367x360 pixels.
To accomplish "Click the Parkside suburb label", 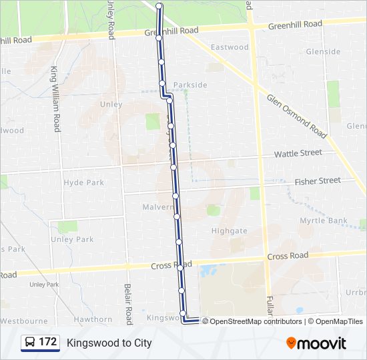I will pyautogui.click(x=190, y=85).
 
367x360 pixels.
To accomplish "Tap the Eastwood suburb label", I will pyautogui.click(x=230, y=47).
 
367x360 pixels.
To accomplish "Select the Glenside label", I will pyautogui.click(x=323, y=51).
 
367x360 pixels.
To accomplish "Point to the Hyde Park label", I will pyautogui.click(x=84, y=183).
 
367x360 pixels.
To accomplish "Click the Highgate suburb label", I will pyautogui.click(x=229, y=231).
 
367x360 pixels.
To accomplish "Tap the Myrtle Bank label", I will pyautogui.click(x=324, y=221).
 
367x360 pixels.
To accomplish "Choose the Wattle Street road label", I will pyautogui.click(x=298, y=153).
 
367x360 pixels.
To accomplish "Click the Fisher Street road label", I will pyautogui.click(x=318, y=181).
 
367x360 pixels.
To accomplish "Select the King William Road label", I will pyautogui.click(x=55, y=98).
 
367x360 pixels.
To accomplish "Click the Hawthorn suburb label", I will pyautogui.click(x=93, y=319).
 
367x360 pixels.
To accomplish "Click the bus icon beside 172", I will pyautogui.click(x=29, y=343).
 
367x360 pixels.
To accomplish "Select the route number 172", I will pyautogui.click(x=48, y=343).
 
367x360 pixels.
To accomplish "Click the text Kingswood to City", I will pyautogui.click(x=109, y=343).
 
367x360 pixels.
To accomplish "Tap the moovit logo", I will pyautogui.click(x=316, y=343).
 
